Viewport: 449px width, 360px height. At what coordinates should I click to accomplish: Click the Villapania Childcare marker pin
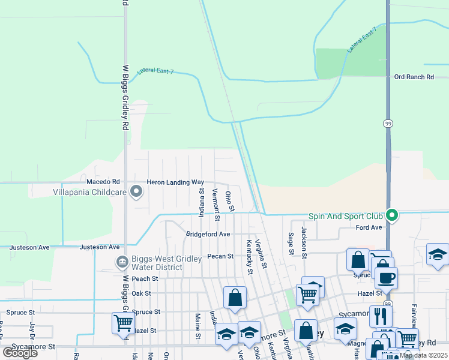click(x=136, y=192)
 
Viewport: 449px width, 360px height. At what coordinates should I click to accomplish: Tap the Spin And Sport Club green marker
click(x=392, y=215)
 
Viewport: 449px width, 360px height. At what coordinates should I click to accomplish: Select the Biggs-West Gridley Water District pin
click(x=121, y=262)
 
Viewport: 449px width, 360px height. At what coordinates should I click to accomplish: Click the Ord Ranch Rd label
click(x=414, y=77)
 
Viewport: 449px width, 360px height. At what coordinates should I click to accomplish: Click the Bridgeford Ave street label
click(x=208, y=234)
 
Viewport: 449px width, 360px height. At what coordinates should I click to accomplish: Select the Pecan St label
click(x=220, y=256)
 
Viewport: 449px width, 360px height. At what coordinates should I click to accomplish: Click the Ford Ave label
click(x=369, y=228)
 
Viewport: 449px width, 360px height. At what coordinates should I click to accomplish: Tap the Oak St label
click(x=141, y=293)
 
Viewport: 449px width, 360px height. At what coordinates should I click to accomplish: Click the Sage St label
click(x=291, y=244)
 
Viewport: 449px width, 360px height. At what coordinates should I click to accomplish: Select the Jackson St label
click(x=304, y=242)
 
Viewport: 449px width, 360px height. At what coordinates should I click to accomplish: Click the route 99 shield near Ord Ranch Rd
click(x=388, y=122)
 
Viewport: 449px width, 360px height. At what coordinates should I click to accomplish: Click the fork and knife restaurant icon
click(x=381, y=316)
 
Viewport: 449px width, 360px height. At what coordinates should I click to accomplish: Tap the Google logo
click(x=20, y=352)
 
